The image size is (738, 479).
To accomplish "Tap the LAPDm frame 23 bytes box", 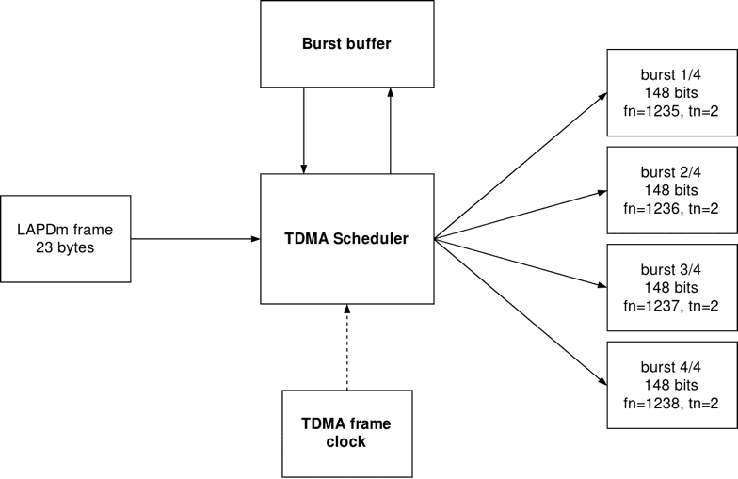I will point(66,239).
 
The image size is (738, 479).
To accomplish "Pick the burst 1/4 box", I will point(671,92).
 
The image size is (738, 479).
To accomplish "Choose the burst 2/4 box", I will point(671,190).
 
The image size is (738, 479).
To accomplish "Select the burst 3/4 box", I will point(671,288).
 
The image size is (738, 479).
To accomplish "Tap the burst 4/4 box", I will point(671,386).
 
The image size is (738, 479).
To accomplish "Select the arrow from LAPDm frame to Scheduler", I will point(196,239).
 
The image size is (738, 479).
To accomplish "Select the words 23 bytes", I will point(66,248).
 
